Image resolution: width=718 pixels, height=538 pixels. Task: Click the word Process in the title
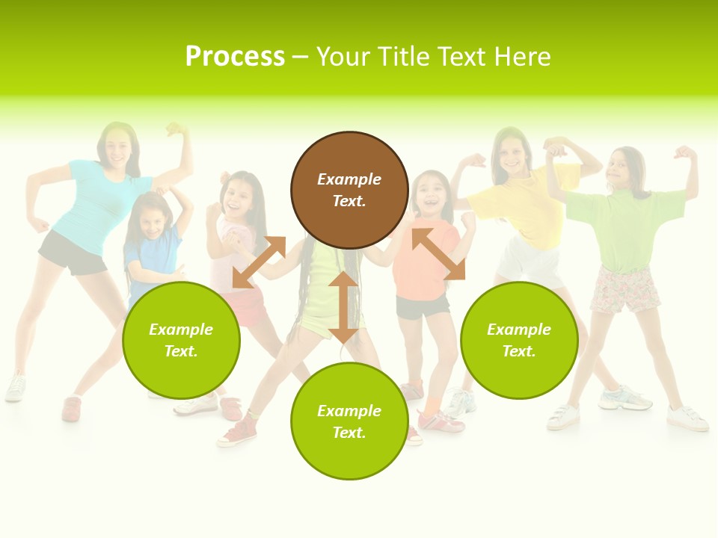pyautogui.click(x=235, y=57)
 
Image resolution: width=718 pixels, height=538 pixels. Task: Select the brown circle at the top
pyautogui.click(x=349, y=190)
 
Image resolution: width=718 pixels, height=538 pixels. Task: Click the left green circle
pyautogui.click(x=181, y=340)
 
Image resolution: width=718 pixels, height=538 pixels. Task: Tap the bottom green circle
pyautogui.click(x=349, y=421)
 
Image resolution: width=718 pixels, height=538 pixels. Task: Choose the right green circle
pyautogui.click(x=519, y=340)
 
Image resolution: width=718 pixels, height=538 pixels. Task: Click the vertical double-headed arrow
pyautogui.click(x=343, y=307)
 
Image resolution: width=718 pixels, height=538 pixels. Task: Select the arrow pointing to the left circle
pyautogui.click(x=259, y=262)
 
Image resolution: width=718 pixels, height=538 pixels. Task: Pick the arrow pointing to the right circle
pyautogui.click(x=439, y=254)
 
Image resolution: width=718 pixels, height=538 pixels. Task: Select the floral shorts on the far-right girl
pyautogui.click(x=625, y=290)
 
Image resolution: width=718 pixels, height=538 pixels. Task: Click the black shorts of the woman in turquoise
pyautogui.click(x=73, y=252)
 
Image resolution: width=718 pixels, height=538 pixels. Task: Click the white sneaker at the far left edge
pyautogui.click(x=15, y=388)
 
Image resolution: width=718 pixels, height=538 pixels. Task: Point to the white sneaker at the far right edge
pyautogui.click(x=688, y=418)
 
